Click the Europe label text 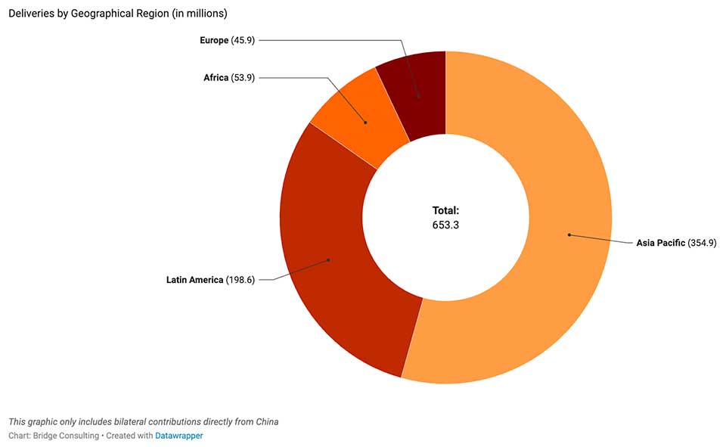click(213, 40)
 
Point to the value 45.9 click(243, 40)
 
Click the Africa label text click(216, 78)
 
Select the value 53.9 click(243, 78)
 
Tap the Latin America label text click(194, 280)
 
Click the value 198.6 click(240, 280)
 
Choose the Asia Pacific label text click(660, 243)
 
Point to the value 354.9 click(702, 243)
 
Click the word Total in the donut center click(445, 211)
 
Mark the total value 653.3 click(445, 225)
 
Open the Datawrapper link click(179, 436)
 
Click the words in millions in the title click(194, 13)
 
